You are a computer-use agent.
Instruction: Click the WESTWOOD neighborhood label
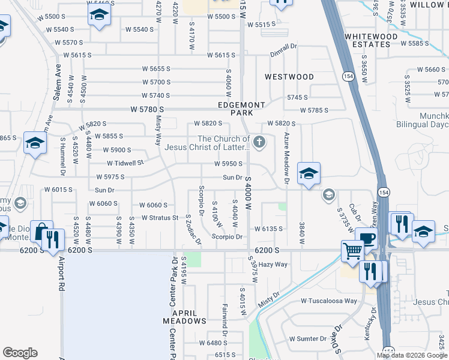(x=289, y=77)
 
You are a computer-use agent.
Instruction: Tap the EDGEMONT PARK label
(x=241, y=109)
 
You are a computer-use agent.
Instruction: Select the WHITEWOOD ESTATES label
(x=371, y=40)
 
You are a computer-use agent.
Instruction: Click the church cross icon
(x=259, y=142)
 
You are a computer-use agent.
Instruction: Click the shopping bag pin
(x=41, y=232)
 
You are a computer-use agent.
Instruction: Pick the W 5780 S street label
(x=147, y=110)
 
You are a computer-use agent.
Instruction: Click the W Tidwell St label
(x=125, y=163)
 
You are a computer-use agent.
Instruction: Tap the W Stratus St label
(x=160, y=218)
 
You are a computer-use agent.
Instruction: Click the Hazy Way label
(x=274, y=264)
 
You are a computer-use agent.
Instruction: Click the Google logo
(x=20, y=353)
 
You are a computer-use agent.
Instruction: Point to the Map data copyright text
(x=412, y=355)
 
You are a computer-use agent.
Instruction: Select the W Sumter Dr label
(x=307, y=338)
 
